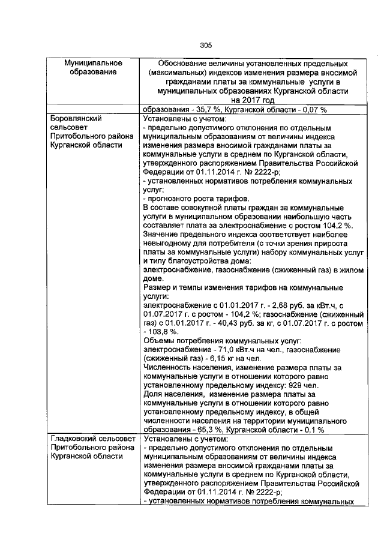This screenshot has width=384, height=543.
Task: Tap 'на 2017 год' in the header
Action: pos(252,100)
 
